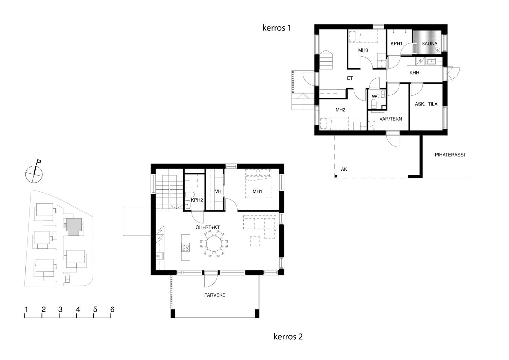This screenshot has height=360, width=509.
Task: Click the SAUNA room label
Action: click(429, 44)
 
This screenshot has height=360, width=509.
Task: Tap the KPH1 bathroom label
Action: click(396, 44)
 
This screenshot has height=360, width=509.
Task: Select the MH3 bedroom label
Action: click(363, 50)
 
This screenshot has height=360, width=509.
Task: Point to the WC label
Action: click(375, 96)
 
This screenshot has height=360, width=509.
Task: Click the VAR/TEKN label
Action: click(391, 119)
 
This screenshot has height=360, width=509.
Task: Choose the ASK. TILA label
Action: click(426, 104)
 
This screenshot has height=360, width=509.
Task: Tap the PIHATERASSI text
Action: click(450, 155)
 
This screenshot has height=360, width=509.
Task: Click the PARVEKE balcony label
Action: click(215, 295)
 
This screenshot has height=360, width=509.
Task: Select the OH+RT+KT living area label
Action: click(207, 227)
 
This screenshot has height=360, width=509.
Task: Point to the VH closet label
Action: click(218, 191)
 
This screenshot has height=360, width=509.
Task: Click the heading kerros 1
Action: click(277, 28)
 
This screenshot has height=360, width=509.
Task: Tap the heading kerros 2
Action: click(288, 337)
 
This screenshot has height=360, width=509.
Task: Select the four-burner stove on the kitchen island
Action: click(185, 247)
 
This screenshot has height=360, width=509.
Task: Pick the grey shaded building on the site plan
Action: click(74, 227)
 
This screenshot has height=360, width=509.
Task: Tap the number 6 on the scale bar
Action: click(112, 309)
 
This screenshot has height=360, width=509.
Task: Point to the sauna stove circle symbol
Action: click(437, 50)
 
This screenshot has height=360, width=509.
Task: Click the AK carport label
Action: click(344, 169)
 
